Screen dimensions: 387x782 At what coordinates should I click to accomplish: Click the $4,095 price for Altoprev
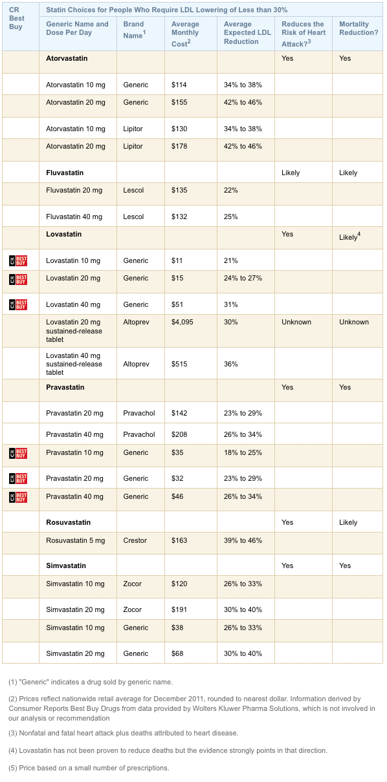point(182,322)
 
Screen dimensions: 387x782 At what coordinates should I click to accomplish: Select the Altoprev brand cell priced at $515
point(136,364)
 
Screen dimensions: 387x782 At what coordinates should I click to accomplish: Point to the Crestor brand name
point(135,540)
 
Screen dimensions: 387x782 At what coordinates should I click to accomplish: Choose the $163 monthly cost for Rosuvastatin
point(179,540)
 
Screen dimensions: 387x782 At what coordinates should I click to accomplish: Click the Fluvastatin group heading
point(65,173)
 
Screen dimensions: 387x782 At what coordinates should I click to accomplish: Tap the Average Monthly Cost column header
point(185,33)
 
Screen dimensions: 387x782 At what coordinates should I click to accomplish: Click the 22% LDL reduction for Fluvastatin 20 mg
point(231,190)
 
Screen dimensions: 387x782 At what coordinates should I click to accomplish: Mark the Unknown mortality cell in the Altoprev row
point(354,322)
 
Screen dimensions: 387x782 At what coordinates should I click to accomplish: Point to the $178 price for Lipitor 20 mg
point(179,146)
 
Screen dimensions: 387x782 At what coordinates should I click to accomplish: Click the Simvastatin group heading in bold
point(66,565)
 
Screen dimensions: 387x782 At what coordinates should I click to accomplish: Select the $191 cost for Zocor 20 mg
point(179,609)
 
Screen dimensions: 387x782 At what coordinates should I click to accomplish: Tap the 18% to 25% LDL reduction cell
point(243,452)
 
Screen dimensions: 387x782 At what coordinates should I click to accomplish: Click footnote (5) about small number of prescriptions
point(89,768)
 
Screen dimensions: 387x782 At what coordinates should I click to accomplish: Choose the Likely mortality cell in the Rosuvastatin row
point(348,522)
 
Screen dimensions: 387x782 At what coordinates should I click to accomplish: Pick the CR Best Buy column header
point(17,19)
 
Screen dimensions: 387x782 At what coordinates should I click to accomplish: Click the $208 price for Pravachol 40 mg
point(179,434)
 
